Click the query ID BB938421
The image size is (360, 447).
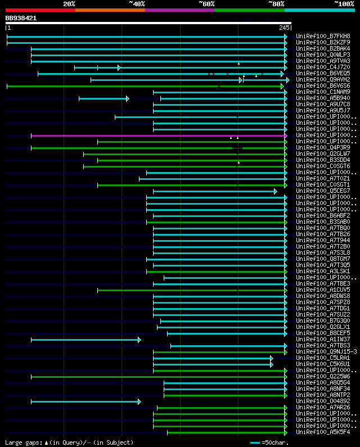pyautogui.click(x=21, y=18)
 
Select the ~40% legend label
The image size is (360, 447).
pyautogui.click(x=137, y=4)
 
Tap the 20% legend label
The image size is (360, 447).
pyautogui.click(x=69, y=4)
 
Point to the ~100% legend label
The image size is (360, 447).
pyautogui.click(x=344, y=4)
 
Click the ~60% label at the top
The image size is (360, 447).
pyautogui.click(x=206, y=4)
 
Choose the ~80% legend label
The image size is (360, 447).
pyautogui.click(x=276, y=4)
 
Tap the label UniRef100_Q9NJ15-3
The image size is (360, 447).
pyautogui.click(x=326, y=352)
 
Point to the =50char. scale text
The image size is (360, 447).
pyautogui.click(x=276, y=443)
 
